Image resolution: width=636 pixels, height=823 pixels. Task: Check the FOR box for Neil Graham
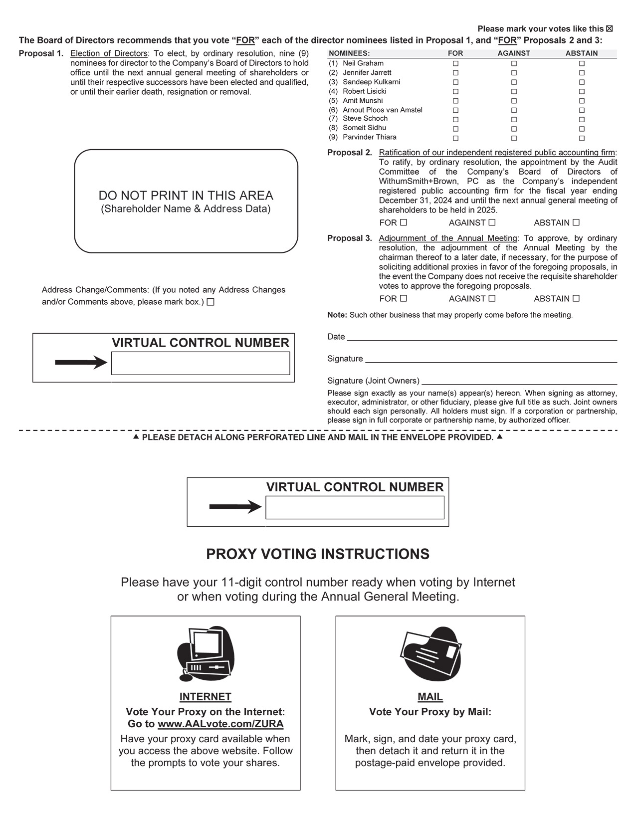point(455,64)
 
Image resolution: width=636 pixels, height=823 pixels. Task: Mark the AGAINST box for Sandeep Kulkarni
point(514,82)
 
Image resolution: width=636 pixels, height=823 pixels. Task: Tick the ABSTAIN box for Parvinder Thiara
point(582,138)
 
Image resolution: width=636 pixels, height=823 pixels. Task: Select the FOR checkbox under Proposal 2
point(404,222)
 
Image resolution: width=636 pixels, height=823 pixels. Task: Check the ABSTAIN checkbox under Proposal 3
point(576,298)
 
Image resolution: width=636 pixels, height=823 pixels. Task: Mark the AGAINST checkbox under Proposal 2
point(492,222)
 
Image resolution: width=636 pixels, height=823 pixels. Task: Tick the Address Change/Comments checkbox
point(211,302)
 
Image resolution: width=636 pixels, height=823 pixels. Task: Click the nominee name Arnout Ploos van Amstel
point(382,110)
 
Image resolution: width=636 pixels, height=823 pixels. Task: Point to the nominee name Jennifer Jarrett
point(367,72)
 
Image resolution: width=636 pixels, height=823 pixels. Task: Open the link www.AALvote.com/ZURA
point(220,724)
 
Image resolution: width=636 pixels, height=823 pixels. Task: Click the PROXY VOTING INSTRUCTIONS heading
point(318,554)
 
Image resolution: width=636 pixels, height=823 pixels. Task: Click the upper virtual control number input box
point(200,363)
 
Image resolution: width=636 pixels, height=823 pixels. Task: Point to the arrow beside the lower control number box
point(235,507)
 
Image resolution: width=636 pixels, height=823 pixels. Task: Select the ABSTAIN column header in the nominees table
point(581,53)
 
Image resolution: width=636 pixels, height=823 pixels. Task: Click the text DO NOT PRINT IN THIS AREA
point(186,196)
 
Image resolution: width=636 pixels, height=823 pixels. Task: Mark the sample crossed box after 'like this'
point(609,29)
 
